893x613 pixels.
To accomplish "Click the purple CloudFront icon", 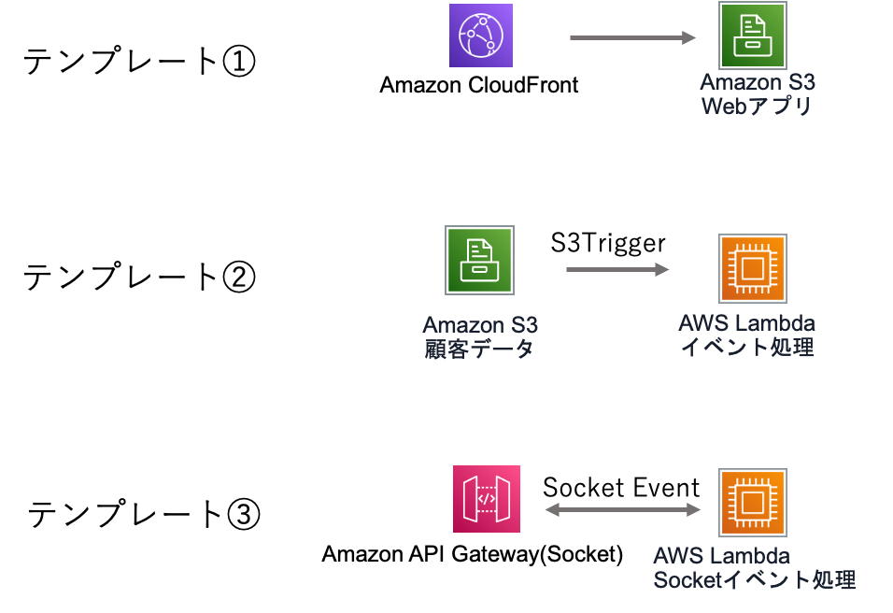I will click(481, 36).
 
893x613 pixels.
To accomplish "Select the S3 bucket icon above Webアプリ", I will click(752, 36).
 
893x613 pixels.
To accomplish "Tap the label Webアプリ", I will click(757, 107).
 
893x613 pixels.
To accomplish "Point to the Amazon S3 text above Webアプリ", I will click(757, 82).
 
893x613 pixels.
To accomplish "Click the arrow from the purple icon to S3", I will click(632, 37).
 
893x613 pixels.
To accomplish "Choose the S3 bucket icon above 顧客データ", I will click(479, 260).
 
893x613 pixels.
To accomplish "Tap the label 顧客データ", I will click(479, 349).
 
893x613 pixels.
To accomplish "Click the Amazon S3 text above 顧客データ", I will click(479, 325).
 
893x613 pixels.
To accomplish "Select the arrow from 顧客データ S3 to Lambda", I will click(617, 269).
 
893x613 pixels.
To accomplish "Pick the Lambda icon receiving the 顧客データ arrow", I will click(752, 269).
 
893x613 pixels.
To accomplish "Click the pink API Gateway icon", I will click(487, 499).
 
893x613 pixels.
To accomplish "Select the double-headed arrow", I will click(623, 509).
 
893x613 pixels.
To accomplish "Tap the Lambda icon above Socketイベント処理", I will click(752, 503).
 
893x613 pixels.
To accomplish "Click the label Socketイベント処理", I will click(754, 580).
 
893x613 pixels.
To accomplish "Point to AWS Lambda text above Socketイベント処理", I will click(722, 557).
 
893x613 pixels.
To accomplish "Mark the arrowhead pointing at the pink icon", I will click(551, 509).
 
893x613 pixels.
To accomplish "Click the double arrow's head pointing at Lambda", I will click(694, 509).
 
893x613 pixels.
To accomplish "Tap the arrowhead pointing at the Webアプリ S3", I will click(689, 37).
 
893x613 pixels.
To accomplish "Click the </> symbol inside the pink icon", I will click(487, 499).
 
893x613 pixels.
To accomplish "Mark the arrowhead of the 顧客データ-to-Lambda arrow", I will click(661, 269).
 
